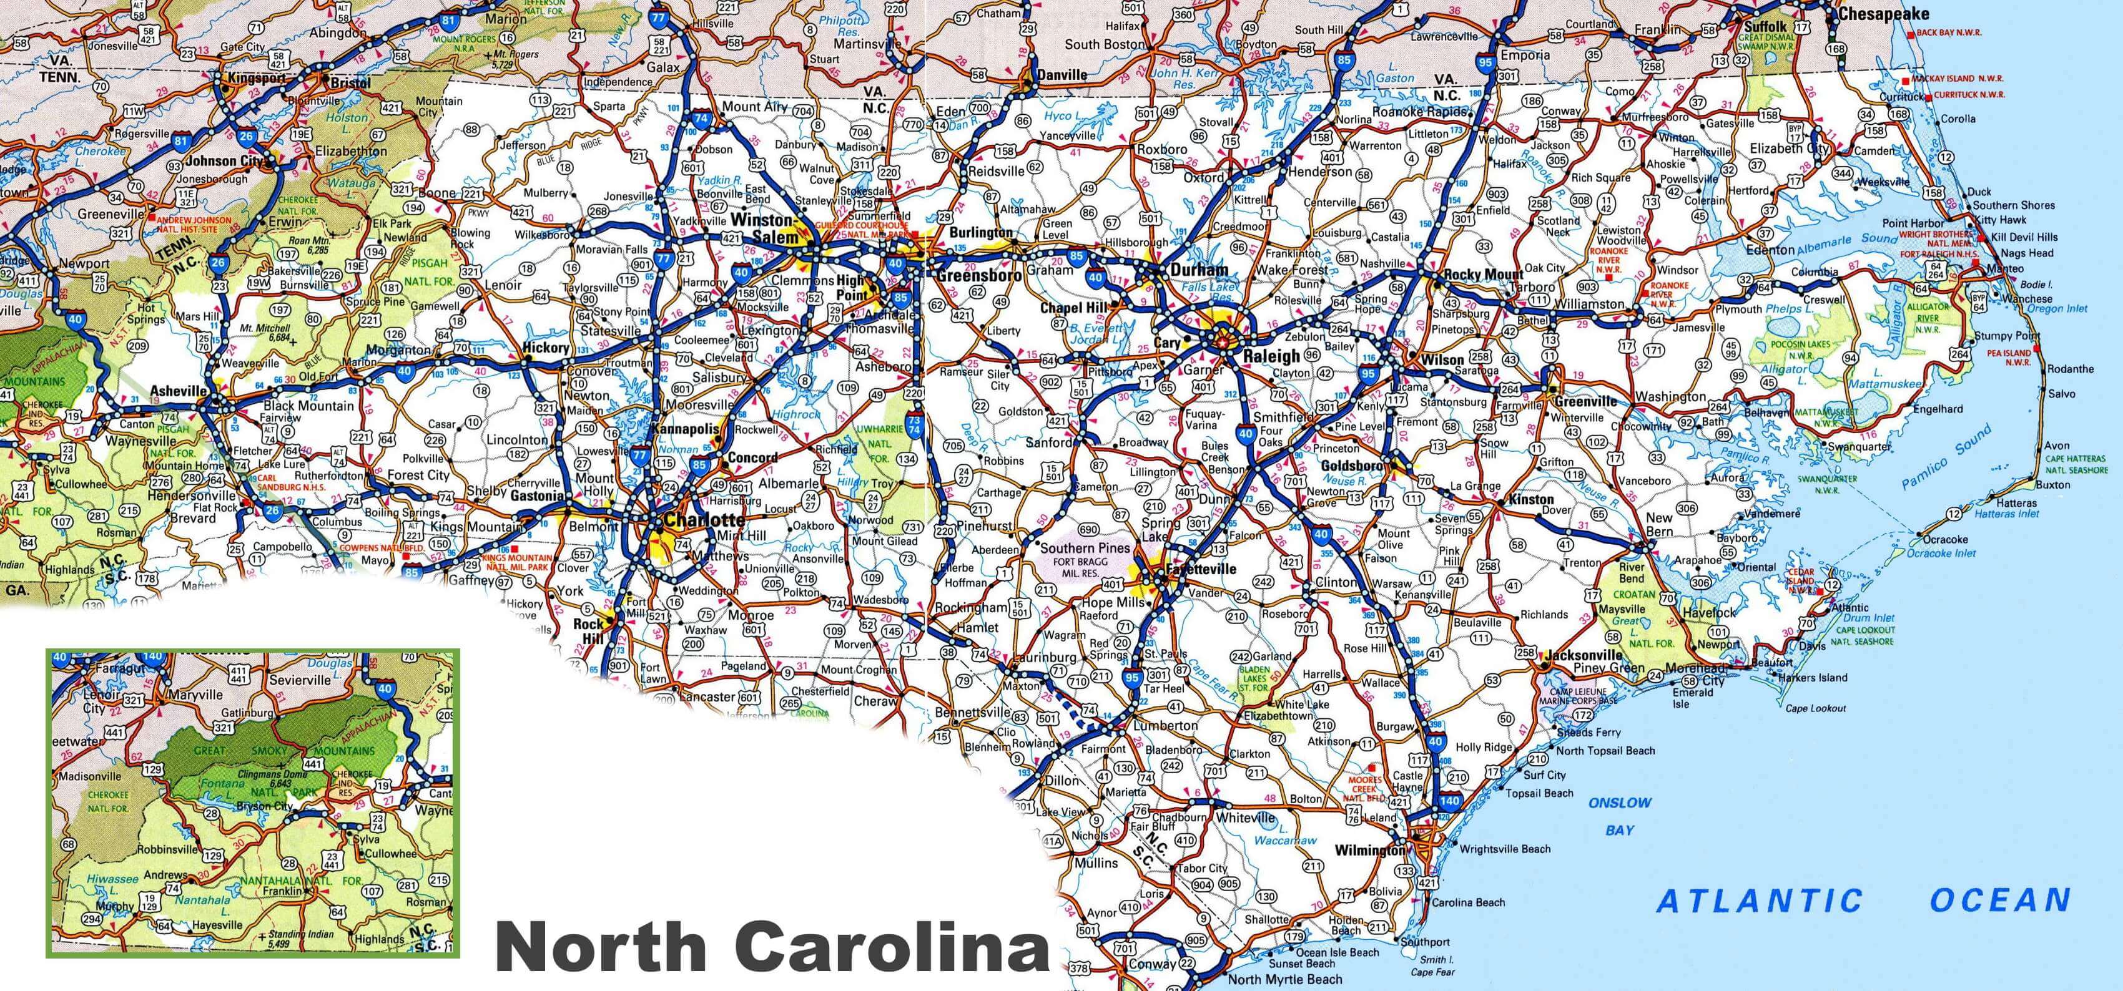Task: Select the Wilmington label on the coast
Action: pos(1369,850)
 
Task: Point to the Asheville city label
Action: pos(178,391)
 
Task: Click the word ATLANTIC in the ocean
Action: pos(1760,901)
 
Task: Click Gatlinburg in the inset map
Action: pos(247,713)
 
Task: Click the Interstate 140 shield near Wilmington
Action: pos(1449,801)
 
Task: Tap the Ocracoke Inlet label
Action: pos(1941,553)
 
